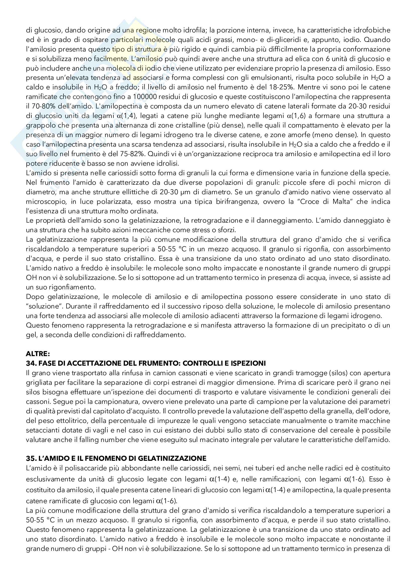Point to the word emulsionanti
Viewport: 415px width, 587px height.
(x=272, y=78)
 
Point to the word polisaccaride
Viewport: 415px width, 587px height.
(x=86, y=468)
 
